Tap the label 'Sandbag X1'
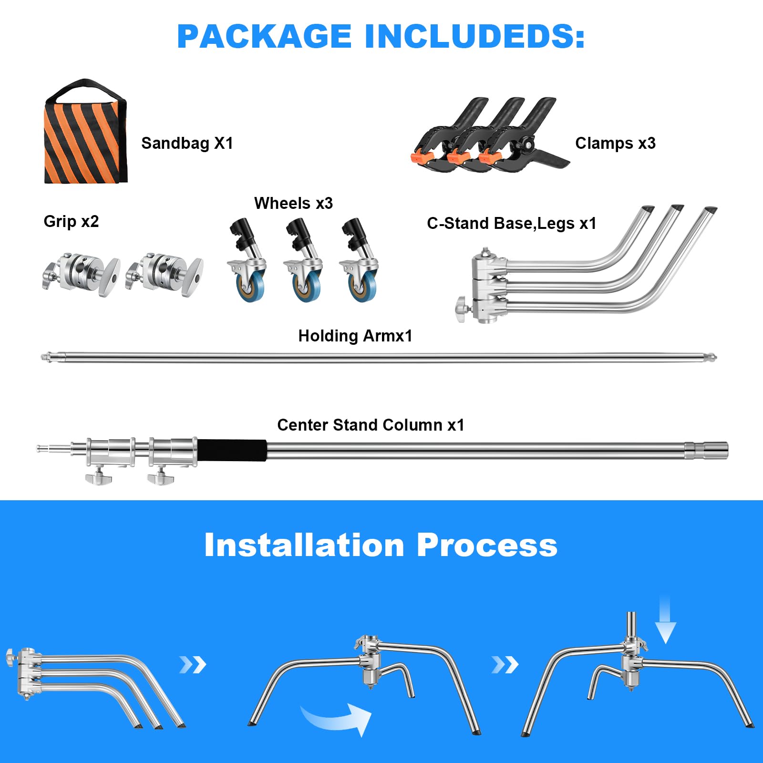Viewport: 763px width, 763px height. pyautogui.click(x=187, y=143)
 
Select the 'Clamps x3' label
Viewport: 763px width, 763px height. pyautogui.click(x=615, y=143)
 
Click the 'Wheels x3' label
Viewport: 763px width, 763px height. pyautogui.click(x=293, y=203)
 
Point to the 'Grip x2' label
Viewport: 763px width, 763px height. pyautogui.click(x=71, y=221)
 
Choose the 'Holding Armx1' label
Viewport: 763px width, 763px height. pyautogui.click(x=355, y=336)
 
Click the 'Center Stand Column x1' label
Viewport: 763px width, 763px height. pyautogui.click(x=371, y=425)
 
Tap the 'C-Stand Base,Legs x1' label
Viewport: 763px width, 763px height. pyautogui.click(x=512, y=223)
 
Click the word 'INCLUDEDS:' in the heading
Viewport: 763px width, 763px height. pyautogui.click(x=474, y=36)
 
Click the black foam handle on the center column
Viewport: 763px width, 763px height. pyautogui.click(x=232, y=450)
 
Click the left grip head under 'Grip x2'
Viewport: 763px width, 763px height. pyautogui.click(x=81, y=274)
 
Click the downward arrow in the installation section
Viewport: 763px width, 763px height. pyautogui.click(x=665, y=619)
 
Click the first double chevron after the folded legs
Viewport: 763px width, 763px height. pyautogui.click(x=193, y=664)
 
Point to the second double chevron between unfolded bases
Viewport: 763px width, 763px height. pyautogui.click(x=505, y=664)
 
